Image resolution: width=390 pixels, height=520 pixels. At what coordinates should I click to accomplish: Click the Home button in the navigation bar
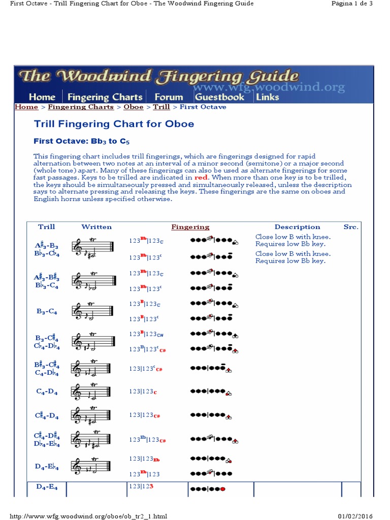42,96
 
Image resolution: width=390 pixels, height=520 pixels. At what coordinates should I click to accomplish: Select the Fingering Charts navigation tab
105,96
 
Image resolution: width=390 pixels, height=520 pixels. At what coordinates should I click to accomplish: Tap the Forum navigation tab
169,96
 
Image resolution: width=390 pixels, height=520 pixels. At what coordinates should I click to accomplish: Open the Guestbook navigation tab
219,96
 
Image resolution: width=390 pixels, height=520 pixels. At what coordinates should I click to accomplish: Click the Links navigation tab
267,96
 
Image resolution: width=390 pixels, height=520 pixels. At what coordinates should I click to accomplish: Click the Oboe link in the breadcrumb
134,107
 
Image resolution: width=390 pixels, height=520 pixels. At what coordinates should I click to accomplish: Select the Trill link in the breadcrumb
161,107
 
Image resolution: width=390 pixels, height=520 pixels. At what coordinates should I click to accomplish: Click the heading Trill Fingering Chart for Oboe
114,124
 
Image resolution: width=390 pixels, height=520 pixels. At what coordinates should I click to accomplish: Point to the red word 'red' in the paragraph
201,178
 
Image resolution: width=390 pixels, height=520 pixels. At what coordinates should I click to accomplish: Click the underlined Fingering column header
190,227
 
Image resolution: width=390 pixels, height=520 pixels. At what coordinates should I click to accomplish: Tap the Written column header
96,227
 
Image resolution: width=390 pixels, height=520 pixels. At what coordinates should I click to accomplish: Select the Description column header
297,227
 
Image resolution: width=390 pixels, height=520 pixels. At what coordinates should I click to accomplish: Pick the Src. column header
350,227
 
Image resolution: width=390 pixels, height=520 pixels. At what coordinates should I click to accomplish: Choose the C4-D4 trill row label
47,392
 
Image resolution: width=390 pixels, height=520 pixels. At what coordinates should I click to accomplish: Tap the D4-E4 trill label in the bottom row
47,487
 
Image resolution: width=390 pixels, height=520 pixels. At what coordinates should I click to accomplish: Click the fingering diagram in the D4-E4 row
208,489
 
